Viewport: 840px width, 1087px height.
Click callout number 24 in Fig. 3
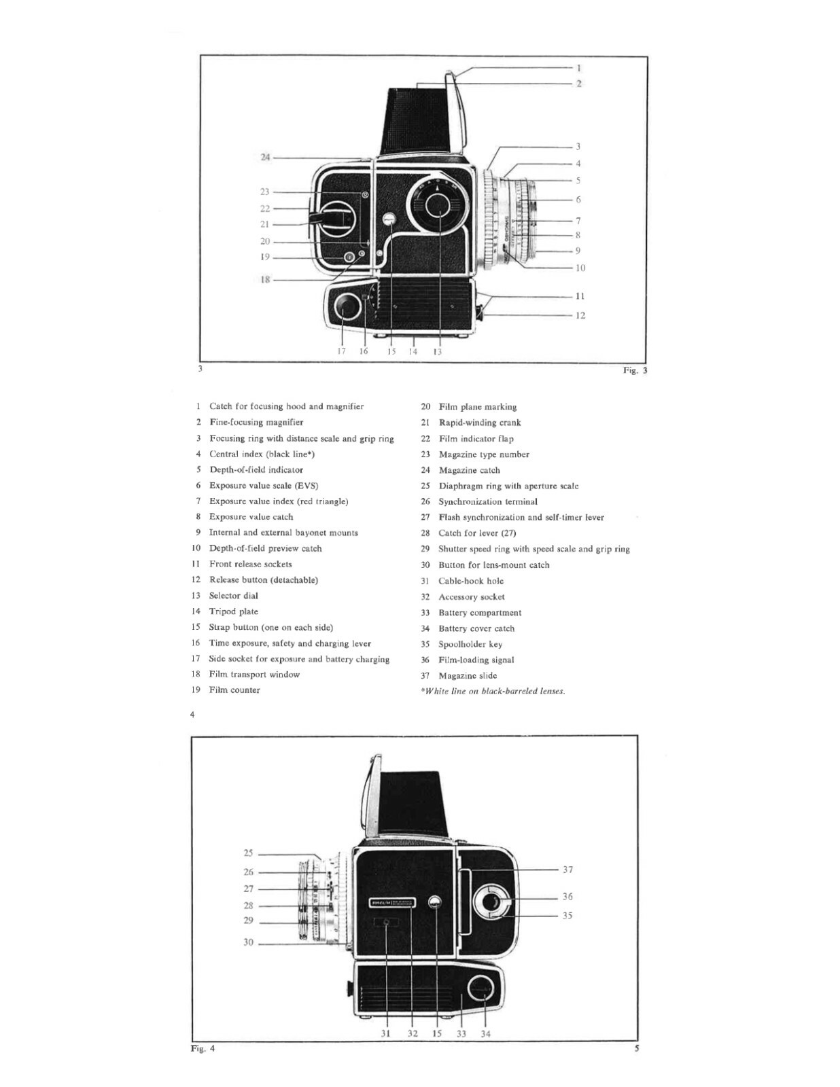tap(265, 158)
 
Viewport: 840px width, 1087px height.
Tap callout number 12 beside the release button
tap(580, 315)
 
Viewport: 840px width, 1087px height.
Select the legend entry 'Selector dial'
tap(233, 596)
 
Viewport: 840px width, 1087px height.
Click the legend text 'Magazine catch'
tap(469, 470)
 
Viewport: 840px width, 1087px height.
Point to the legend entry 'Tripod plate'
tap(233, 611)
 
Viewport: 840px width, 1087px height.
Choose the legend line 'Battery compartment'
tap(480, 613)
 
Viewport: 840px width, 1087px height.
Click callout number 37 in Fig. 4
tap(568, 870)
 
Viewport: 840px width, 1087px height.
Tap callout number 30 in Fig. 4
tap(249, 942)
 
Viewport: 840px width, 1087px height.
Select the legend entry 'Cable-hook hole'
tap(470, 581)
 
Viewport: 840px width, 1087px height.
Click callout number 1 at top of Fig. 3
tap(578, 68)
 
